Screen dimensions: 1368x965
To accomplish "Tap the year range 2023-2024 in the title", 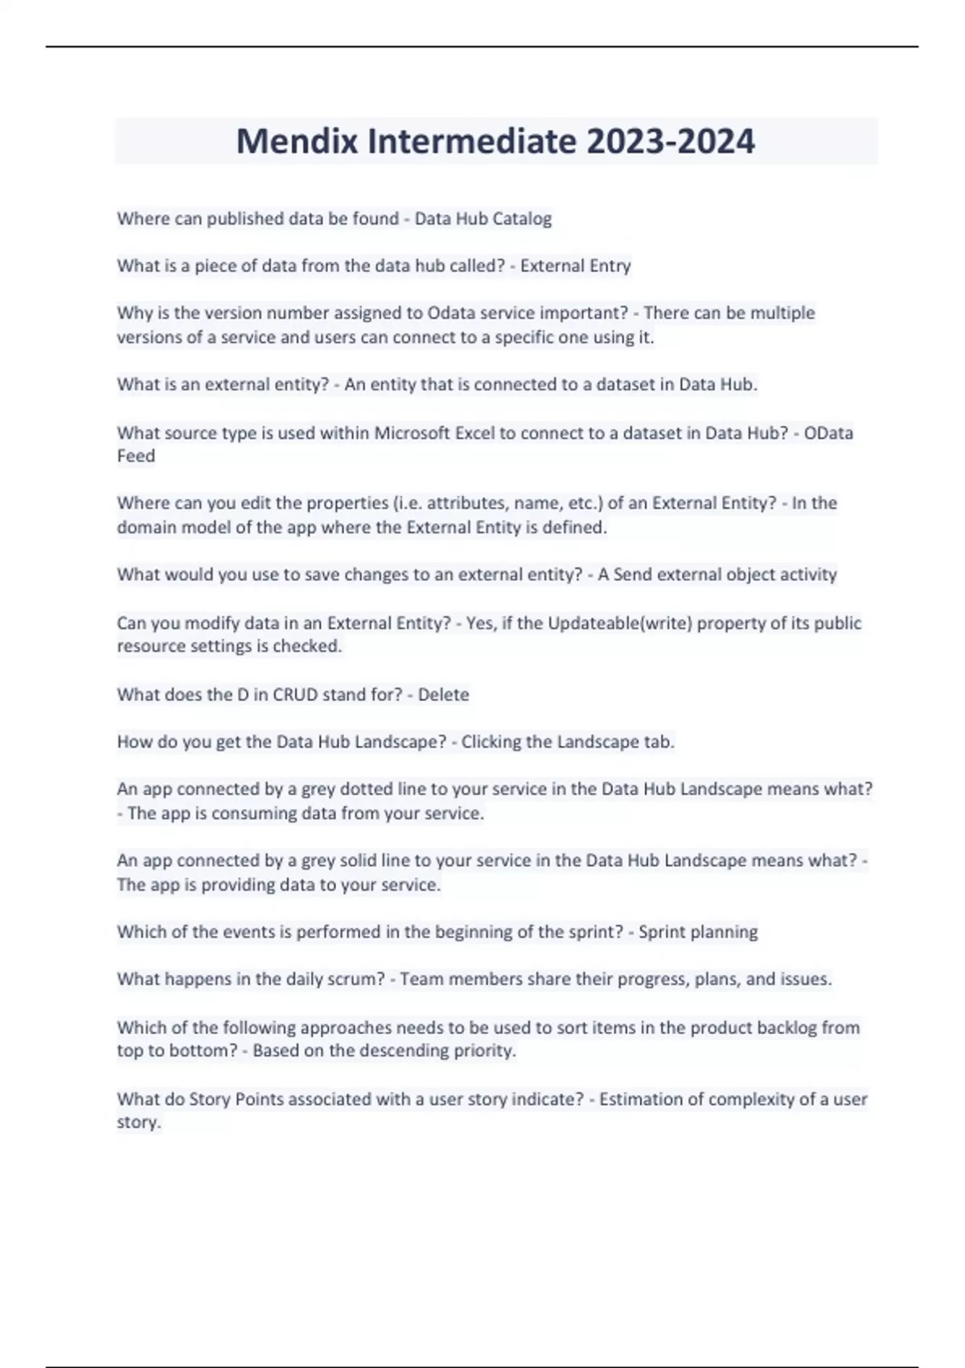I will coord(671,142).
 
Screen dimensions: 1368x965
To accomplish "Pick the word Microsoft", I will coord(413,433).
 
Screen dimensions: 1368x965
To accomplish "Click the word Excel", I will coord(475,433).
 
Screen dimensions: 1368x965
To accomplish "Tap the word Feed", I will coord(136,456).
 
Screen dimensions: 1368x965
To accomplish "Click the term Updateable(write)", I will coord(620,623).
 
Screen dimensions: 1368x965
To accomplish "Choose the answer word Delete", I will coord(443,694).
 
